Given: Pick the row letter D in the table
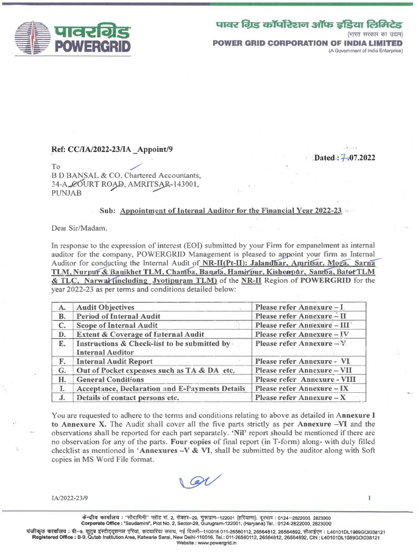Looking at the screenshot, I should [x=62, y=334].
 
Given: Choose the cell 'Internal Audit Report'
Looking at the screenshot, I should [x=114, y=361].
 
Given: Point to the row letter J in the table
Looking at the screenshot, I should [x=62, y=398].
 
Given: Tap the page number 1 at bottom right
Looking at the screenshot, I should [x=369, y=498].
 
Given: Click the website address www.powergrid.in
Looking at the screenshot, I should [x=209, y=542].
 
